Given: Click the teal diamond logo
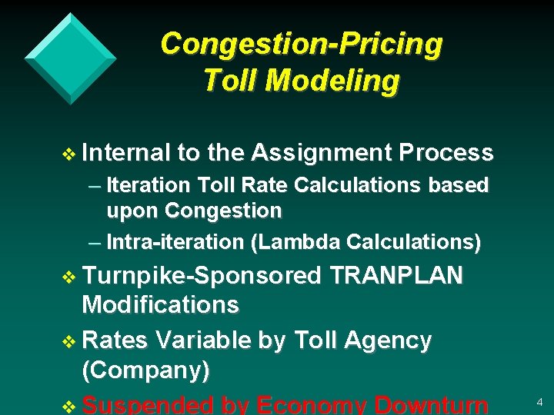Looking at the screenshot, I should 70,58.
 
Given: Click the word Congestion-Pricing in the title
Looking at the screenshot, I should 301,44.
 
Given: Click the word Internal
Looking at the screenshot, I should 125,154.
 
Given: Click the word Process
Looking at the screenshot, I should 446,154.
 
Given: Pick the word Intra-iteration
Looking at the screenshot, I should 175,242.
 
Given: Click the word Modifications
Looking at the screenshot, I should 160,304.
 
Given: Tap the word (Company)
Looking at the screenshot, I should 145,370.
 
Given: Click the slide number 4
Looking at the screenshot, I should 539,402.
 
